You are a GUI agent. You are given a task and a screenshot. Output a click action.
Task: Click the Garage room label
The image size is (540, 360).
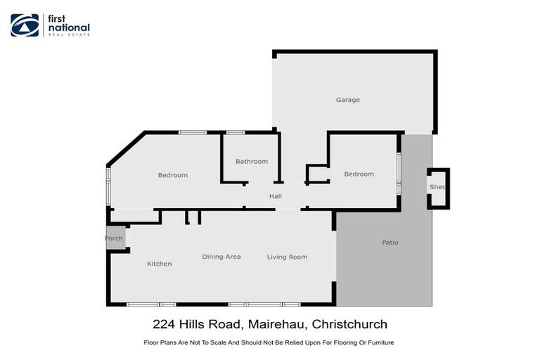(347, 100)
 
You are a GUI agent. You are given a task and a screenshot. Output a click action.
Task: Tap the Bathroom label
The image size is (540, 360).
(252, 161)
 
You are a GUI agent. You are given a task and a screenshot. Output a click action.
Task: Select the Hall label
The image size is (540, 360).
(276, 196)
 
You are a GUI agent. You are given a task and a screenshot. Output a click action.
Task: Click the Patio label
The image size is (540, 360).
(390, 243)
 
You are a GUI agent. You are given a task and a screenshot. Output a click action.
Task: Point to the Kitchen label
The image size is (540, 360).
(159, 264)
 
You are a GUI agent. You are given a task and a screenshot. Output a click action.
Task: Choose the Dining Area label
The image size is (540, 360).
(221, 257)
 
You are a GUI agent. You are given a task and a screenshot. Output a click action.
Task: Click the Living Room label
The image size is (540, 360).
(287, 257)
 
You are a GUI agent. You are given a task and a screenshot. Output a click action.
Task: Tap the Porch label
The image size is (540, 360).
(114, 238)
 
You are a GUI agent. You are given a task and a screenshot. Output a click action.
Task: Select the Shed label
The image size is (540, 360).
(437, 187)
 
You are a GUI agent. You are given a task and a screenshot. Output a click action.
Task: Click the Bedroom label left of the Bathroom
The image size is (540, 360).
(172, 175)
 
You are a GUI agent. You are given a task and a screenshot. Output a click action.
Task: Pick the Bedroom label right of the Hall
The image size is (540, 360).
(359, 174)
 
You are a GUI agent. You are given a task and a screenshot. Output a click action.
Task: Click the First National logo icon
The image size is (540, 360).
(25, 25)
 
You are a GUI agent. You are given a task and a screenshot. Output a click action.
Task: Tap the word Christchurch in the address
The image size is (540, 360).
(349, 324)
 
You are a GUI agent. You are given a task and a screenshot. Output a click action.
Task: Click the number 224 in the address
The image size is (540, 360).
(164, 324)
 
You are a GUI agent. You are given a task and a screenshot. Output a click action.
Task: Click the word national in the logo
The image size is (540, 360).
(68, 29)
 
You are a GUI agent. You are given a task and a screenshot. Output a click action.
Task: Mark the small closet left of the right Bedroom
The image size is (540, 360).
(317, 174)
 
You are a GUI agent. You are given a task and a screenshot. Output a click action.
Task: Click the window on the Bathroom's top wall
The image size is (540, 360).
(235, 132)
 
